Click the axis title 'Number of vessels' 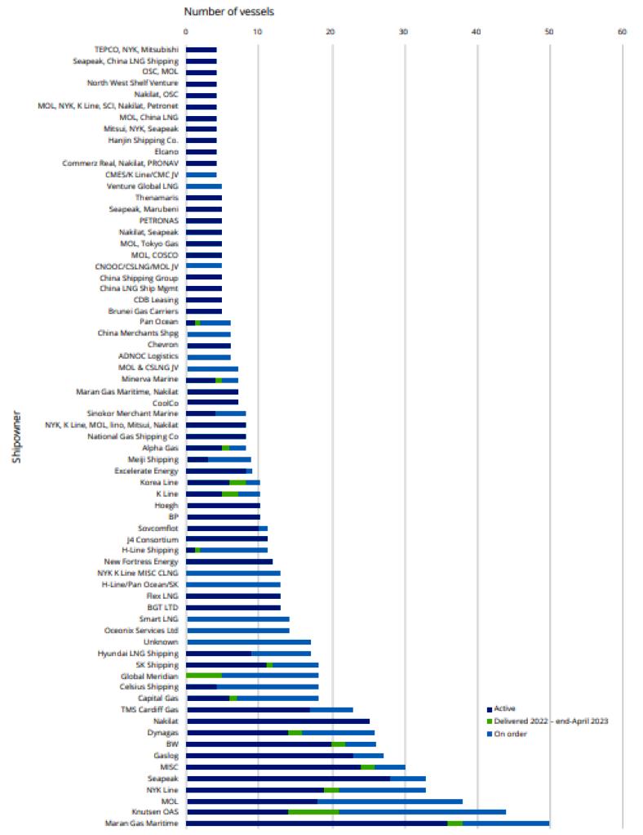click(x=229, y=11)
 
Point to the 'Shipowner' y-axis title click(x=16, y=442)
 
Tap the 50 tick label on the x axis click(x=549, y=33)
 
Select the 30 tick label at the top click(x=404, y=33)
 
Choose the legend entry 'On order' click(x=510, y=734)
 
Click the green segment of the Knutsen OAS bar click(x=313, y=812)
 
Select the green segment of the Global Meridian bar click(x=204, y=676)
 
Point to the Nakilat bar click(x=277, y=721)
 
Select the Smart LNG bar click(x=237, y=619)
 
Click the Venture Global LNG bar click(x=204, y=186)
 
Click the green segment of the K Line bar click(x=230, y=494)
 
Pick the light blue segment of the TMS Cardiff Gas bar click(x=331, y=710)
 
